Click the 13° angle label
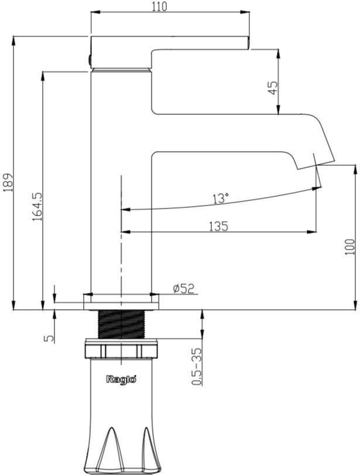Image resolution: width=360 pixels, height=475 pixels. tap(220, 199)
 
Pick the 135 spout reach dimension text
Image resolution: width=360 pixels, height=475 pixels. tap(218, 226)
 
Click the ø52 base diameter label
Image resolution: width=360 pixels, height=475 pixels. tap(183, 288)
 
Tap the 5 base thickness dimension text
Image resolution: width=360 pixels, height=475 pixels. tap(49, 337)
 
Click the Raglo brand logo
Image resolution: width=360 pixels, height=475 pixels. tap(121, 379)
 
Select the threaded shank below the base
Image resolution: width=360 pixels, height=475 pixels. tap(121, 324)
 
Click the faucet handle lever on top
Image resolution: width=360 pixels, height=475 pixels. tap(170, 42)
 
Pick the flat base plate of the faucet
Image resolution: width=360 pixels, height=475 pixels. tap(121, 302)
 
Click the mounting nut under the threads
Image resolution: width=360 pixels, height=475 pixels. tap(121, 350)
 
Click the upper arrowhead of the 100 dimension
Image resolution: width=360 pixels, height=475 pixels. tap(355, 170)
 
